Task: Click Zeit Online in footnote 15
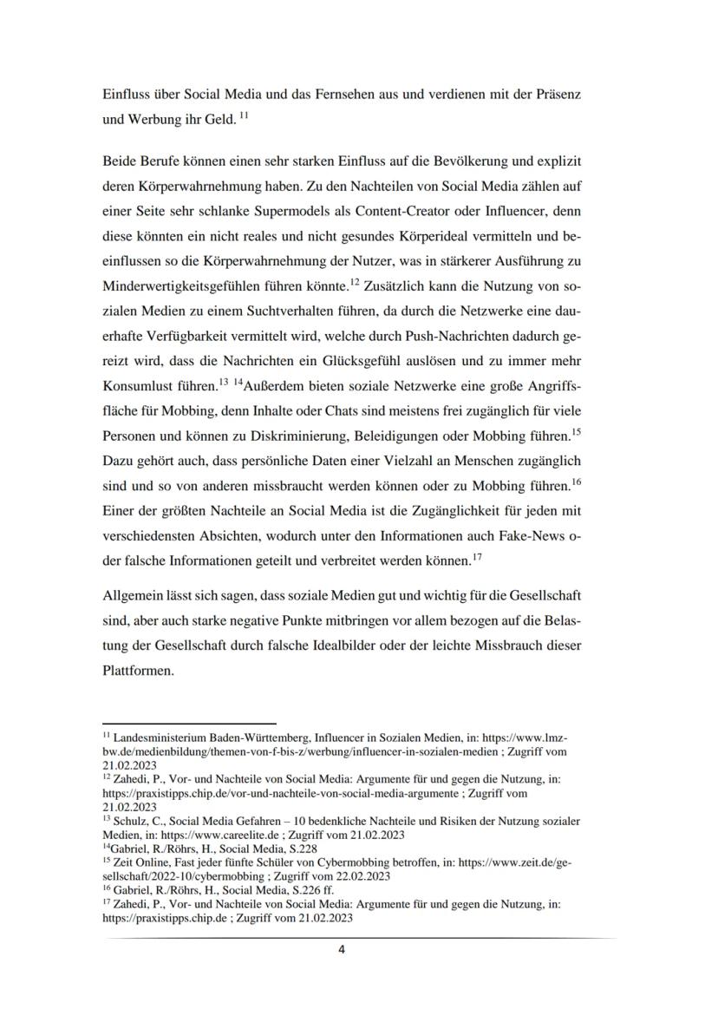tap(138, 864)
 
